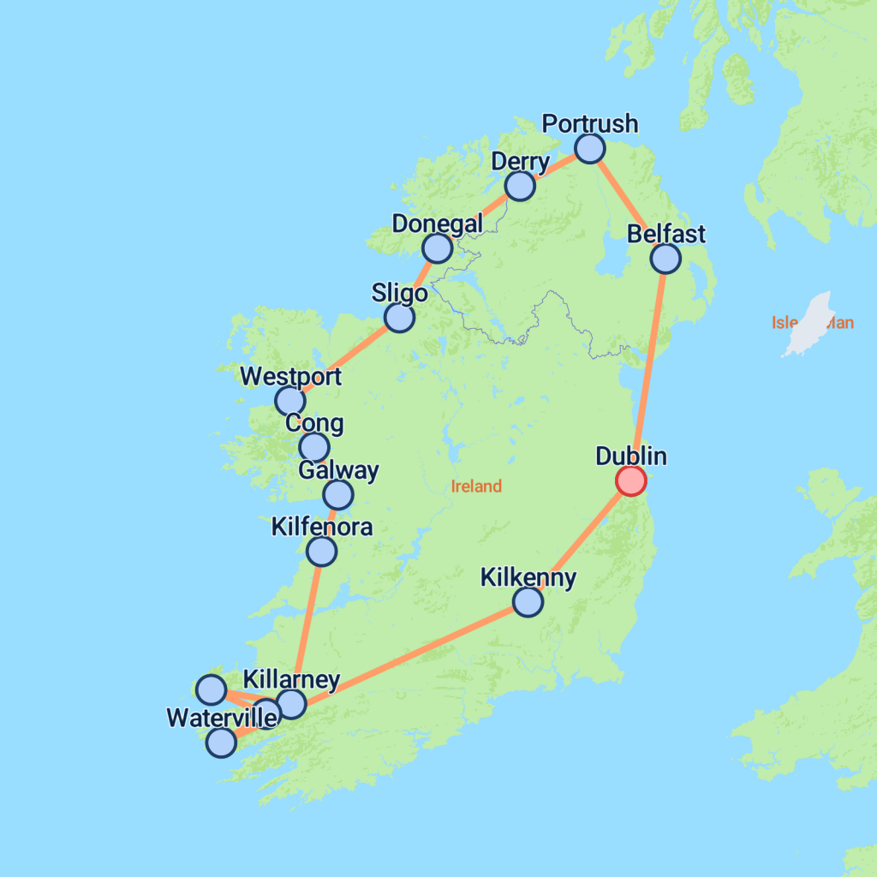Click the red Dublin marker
pyautogui.click(x=631, y=480)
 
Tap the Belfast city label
pyautogui.click(x=665, y=234)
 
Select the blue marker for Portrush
pyautogui.click(x=589, y=148)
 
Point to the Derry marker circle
pyautogui.click(x=519, y=185)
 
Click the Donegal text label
pyautogui.click(x=437, y=224)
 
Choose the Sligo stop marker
pyautogui.click(x=399, y=318)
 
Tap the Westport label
pyautogui.click(x=290, y=377)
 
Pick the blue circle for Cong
pyautogui.click(x=314, y=446)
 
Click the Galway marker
pyautogui.click(x=338, y=494)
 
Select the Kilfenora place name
pyautogui.click(x=321, y=526)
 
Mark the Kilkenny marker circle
pyautogui.click(x=528, y=602)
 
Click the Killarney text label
pyautogui.click(x=291, y=680)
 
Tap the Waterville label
pyautogui.click(x=222, y=718)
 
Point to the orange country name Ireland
pyautogui.click(x=476, y=486)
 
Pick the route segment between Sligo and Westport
pyautogui.click(x=344, y=359)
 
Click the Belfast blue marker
pyautogui.click(x=665, y=258)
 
